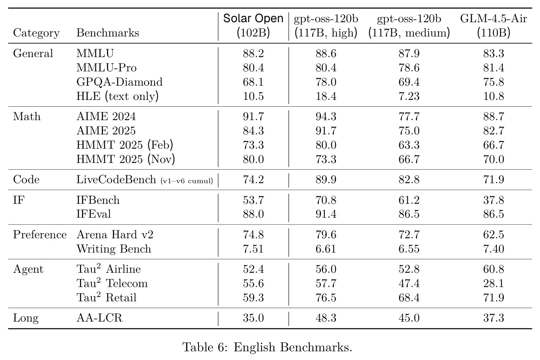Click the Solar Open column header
point(253,26)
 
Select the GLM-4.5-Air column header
point(494,26)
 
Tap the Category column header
point(36,33)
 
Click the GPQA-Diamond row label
point(119,82)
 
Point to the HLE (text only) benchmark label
point(117,96)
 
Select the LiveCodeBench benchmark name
point(116,180)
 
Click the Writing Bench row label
point(114,249)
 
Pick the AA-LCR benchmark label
point(99,318)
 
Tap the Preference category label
point(40,235)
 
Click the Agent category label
point(28,269)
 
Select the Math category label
point(27,117)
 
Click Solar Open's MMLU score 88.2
point(254,53)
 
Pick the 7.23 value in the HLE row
point(409,96)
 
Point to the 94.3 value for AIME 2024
point(326,117)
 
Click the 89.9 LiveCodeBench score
point(326,180)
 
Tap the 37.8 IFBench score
point(494,200)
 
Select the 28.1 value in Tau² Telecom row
point(494,283)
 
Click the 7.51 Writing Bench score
point(254,249)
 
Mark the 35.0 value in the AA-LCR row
point(254,318)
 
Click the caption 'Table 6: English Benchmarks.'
point(267,348)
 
